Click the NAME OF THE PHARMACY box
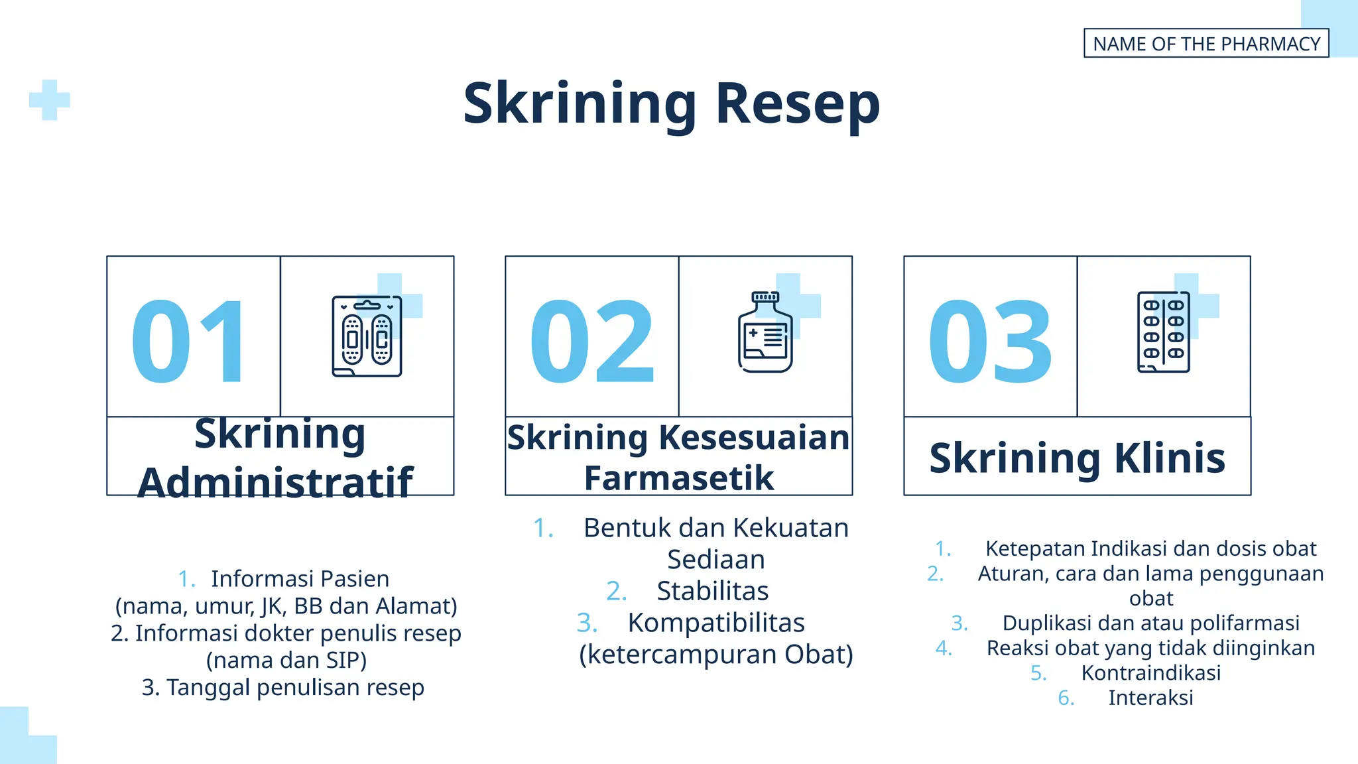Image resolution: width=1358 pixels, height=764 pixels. [1205, 43]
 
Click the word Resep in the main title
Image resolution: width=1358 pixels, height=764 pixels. [798, 104]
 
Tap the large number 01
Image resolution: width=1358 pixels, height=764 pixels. [189, 342]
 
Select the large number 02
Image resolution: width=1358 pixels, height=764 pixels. [591, 342]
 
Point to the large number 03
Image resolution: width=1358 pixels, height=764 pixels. [990, 342]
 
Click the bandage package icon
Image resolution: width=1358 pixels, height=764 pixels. [367, 336]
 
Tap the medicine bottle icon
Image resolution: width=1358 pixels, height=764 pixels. [765, 332]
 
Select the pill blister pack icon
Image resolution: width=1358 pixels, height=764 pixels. [1164, 332]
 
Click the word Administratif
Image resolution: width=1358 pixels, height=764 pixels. [275, 481]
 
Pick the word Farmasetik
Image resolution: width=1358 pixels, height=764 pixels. [678, 478]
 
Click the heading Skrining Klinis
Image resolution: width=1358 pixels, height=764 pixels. [1077, 458]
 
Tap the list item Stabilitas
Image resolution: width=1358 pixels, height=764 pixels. [712, 591]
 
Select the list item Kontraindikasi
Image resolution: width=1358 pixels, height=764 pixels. [1150, 672]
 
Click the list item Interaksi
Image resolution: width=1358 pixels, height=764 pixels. [1150, 698]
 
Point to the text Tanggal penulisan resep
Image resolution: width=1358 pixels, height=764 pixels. [294, 688]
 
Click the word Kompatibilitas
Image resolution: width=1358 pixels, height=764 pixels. [716, 623]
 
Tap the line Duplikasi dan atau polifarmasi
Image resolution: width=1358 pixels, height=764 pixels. [1150, 623]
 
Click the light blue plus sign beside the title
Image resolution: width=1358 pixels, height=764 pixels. [50, 100]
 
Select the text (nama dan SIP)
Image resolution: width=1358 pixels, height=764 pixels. [286, 661]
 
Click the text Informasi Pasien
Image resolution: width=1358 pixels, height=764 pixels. [300, 579]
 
